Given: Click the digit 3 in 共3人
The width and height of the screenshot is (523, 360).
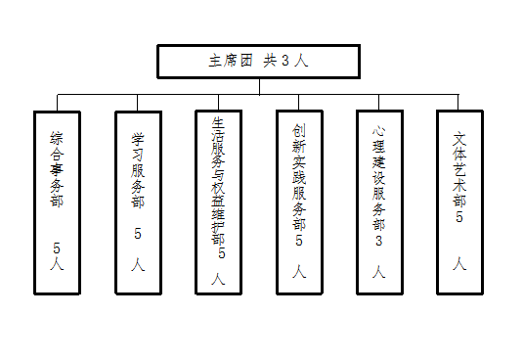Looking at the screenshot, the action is pos(285,61).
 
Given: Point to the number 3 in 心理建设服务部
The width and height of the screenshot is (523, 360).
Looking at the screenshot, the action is pos(379,241).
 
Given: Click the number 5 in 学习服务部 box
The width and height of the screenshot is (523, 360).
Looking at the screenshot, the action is pos(138,234).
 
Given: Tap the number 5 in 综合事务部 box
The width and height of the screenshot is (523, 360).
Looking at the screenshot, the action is pos(57,248).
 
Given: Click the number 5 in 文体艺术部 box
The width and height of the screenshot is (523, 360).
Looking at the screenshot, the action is pos(459,217).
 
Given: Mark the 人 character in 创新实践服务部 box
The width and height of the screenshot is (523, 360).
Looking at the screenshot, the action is pos(299,272).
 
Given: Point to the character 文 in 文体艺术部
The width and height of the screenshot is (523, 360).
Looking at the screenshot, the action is pos(459,140).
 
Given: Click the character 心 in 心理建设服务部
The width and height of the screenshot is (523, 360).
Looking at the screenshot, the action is pos(379,131).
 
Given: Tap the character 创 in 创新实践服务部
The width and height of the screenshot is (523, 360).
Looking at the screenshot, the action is pos(299,130).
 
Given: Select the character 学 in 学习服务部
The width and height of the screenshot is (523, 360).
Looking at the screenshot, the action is pos(138,139).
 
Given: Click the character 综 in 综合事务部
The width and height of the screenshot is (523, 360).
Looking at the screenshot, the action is pos(57,138).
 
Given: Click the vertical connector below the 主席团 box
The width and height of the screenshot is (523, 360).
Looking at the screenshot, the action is pos(259,87).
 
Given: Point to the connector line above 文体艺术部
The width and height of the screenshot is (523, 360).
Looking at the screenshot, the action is pos(458,102).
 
